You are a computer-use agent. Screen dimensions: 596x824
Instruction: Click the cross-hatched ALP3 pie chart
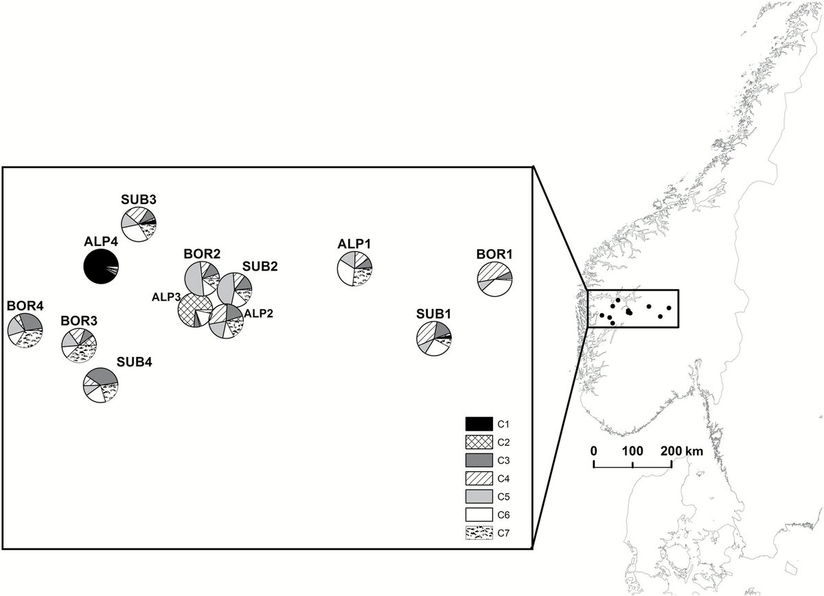(x=194, y=312)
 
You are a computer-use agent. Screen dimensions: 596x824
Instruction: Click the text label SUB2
(x=258, y=266)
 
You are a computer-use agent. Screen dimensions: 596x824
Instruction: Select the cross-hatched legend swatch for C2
(x=479, y=444)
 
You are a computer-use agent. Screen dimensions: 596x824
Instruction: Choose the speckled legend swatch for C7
(x=479, y=531)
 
